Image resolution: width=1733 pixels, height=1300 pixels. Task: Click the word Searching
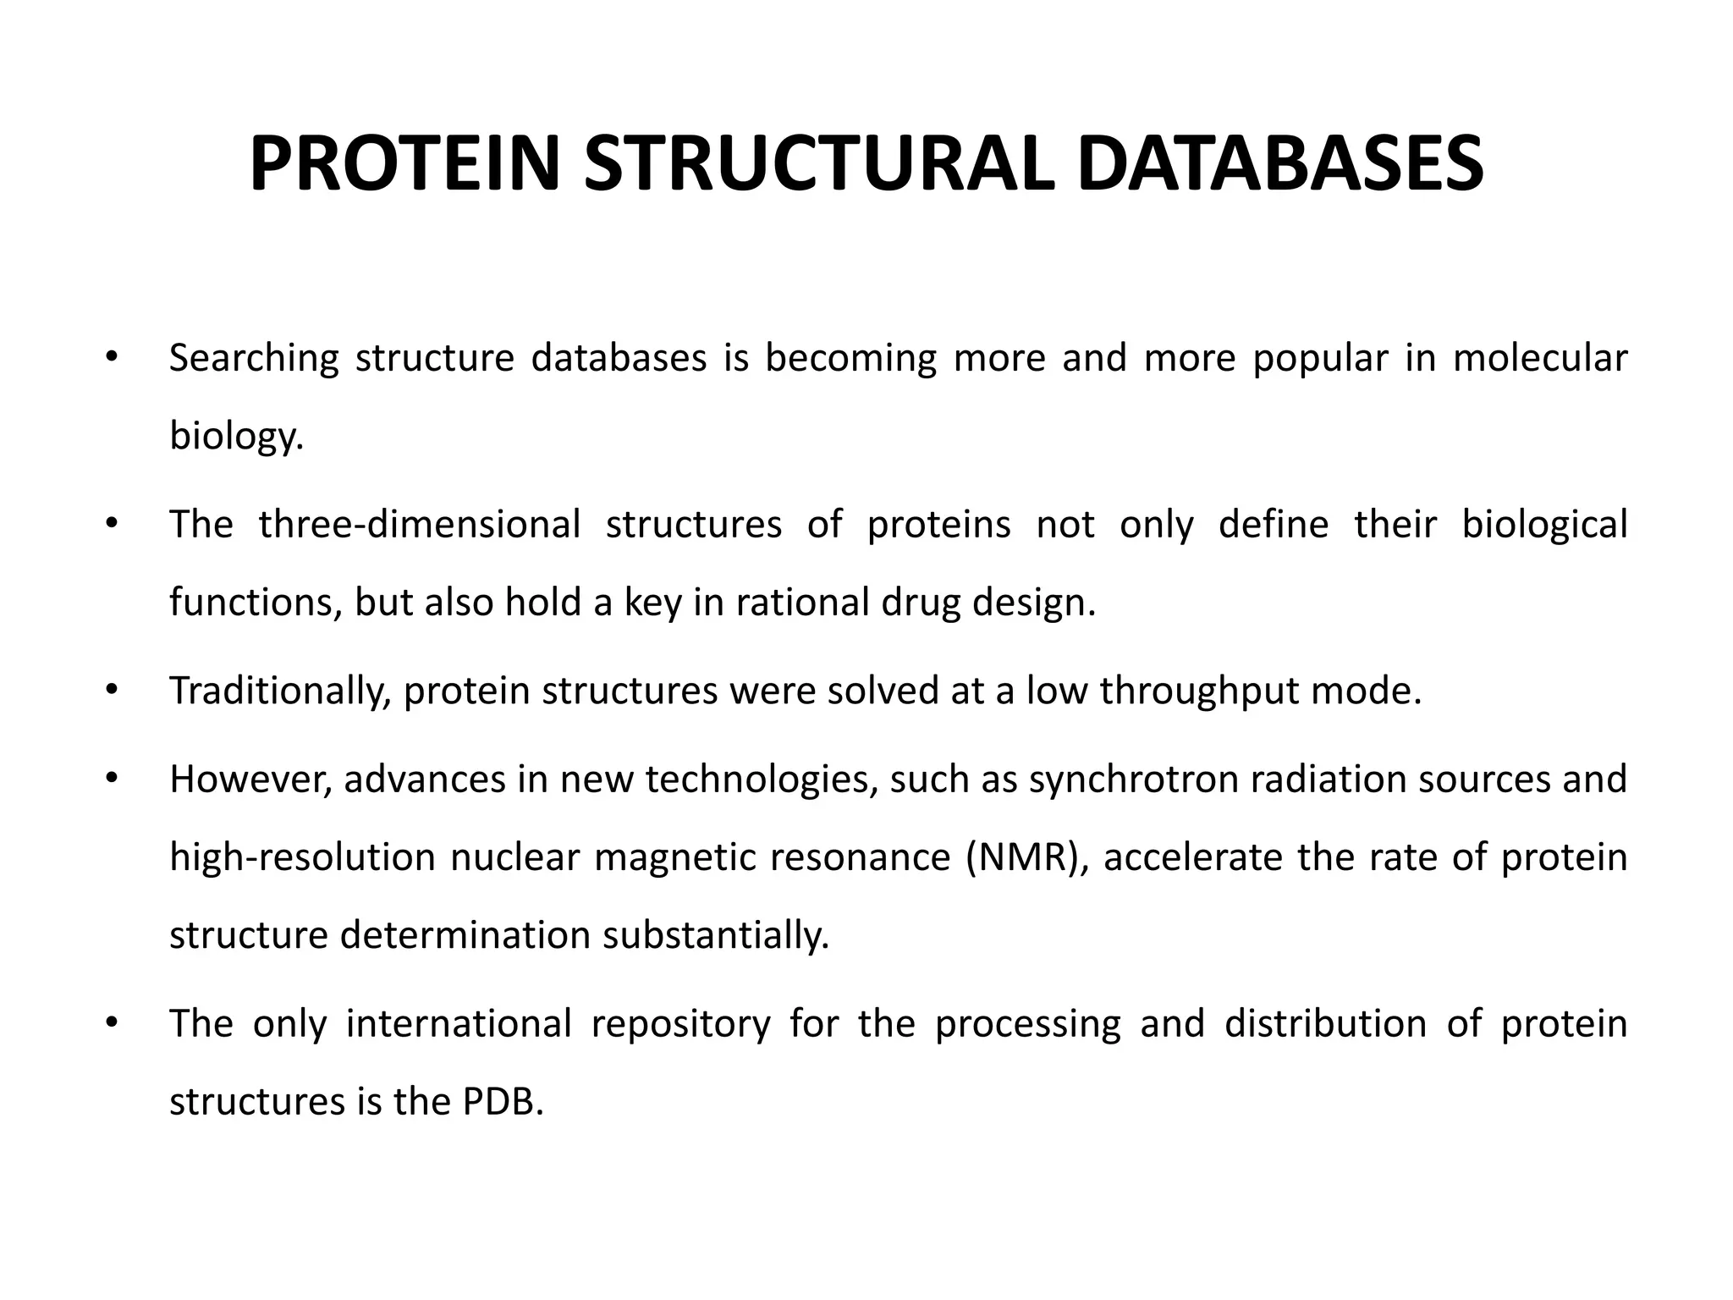[254, 359]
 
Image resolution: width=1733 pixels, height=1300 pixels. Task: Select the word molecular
[1540, 359]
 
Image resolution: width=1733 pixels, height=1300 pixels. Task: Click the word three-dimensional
[420, 525]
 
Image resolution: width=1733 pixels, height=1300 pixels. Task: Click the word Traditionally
[280, 691]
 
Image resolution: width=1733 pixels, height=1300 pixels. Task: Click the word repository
[681, 1024]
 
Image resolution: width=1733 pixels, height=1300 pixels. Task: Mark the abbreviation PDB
[503, 1102]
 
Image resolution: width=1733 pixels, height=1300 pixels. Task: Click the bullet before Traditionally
[109, 690]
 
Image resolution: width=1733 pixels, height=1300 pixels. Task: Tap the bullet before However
[109, 778]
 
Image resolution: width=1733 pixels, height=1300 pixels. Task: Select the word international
[459, 1024]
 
